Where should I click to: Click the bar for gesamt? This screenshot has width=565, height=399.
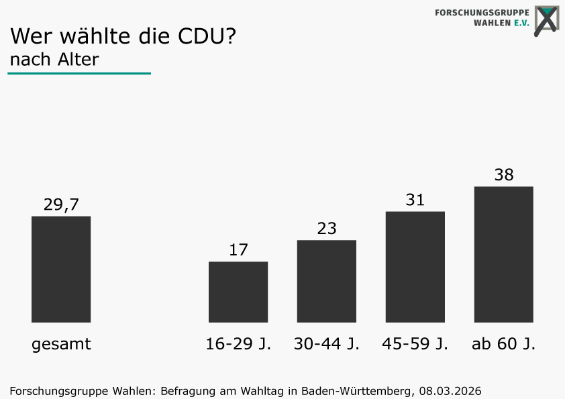61,269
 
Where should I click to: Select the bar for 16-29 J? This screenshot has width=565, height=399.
238,292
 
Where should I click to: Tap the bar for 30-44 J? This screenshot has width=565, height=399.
327,281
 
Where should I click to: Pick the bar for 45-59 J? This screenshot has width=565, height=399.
415,267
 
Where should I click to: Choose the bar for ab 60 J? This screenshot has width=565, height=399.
504,254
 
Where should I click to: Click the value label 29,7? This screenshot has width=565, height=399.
61,205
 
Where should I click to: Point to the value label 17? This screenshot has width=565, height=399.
238,250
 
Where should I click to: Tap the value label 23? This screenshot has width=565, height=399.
327,229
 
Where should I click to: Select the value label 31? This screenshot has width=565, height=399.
415,200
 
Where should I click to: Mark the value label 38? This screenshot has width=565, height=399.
504,175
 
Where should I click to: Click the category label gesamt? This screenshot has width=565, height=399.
61,345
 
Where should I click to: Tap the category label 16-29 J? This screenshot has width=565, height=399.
238,344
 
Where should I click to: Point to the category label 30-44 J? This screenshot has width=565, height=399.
327,344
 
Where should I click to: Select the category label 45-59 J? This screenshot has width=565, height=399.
415,344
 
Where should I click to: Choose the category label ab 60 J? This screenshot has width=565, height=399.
504,344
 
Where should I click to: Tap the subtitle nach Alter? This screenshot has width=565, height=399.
54,60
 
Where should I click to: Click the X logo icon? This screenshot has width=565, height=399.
547,20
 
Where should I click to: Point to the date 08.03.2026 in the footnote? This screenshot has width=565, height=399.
450,390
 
